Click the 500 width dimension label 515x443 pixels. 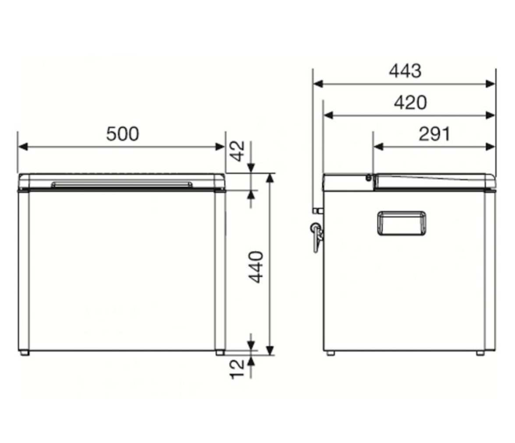123,134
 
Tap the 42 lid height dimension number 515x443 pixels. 237,151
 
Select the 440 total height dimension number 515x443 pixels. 256,267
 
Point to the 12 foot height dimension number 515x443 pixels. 237,369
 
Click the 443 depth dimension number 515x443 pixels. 405,71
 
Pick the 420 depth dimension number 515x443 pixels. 410,102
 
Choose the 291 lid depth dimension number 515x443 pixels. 434,134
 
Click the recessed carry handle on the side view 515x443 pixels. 402,223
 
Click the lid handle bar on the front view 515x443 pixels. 122,184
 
